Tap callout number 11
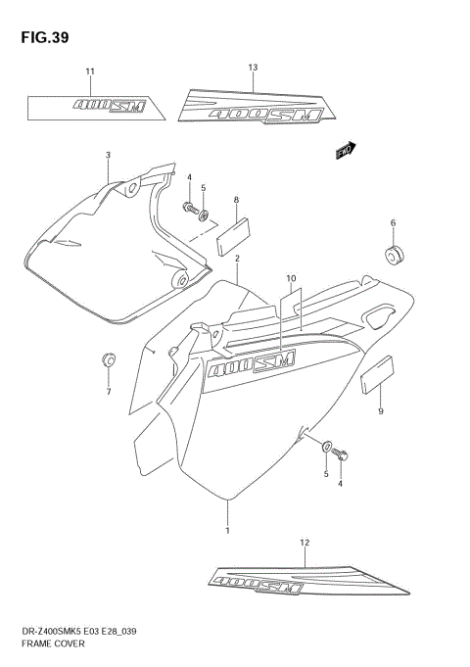tap(90, 72)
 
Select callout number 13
tap(253, 68)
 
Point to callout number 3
tap(108, 156)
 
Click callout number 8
tap(236, 200)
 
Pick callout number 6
tap(393, 223)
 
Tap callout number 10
tap(291, 278)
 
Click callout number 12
tap(305, 542)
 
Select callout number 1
tap(228, 530)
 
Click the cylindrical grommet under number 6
tap(394, 257)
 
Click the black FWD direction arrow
tap(345, 150)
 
